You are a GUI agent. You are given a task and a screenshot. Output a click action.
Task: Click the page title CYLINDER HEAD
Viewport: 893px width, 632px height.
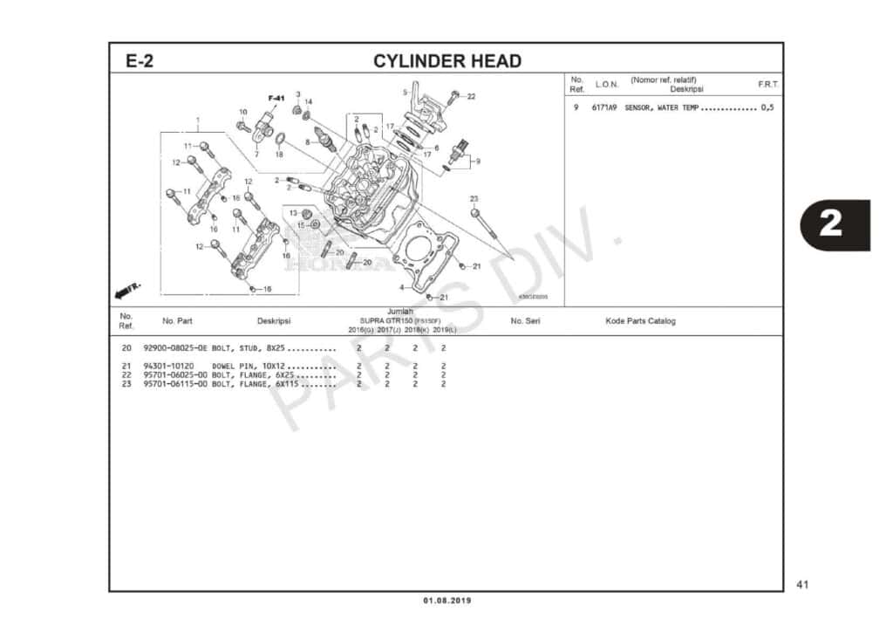(x=447, y=61)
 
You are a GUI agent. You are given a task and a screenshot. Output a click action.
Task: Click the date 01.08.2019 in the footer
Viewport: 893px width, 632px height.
(x=446, y=601)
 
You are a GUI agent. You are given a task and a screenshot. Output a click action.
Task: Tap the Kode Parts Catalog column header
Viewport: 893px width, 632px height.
(x=640, y=321)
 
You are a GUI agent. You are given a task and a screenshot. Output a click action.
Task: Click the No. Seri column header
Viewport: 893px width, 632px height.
(x=525, y=321)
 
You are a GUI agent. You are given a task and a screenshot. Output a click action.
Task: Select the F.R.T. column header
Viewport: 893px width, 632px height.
(x=768, y=85)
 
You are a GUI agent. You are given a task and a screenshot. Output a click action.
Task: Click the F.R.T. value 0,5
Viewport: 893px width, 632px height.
(x=767, y=107)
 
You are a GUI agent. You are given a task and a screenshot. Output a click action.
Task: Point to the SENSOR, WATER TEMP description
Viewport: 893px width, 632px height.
(x=661, y=107)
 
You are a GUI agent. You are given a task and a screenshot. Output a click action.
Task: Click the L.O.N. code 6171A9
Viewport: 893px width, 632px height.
(x=604, y=107)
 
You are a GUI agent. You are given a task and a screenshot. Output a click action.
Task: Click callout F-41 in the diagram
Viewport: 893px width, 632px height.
(x=276, y=98)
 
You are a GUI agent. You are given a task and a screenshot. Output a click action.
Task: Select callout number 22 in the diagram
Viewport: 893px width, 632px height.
(x=471, y=96)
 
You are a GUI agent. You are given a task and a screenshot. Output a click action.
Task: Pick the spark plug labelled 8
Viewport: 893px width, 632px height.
(x=325, y=140)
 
